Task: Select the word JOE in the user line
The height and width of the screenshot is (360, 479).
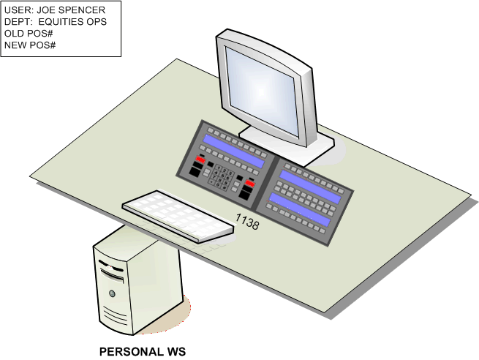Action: (48, 10)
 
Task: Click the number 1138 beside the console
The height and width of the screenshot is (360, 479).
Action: (246, 222)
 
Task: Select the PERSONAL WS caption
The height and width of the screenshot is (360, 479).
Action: (142, 352)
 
